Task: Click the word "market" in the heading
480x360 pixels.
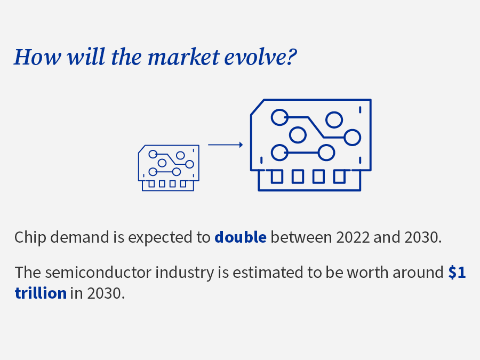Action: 183,57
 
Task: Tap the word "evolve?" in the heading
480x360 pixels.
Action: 260,58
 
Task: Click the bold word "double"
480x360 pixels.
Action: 241,237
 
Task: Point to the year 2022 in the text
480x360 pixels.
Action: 353,237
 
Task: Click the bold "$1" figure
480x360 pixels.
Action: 457,272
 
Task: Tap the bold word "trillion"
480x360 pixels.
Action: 41,293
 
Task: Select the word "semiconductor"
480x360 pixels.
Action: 98,273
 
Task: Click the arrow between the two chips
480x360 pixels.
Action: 226,145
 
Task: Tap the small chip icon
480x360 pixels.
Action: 169,168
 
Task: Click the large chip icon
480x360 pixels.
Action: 311,145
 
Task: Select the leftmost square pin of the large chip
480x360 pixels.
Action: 277,177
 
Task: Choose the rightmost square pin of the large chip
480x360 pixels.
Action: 339,177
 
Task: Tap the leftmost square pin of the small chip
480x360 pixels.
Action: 151,183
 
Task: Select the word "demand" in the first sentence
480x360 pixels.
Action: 79,237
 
